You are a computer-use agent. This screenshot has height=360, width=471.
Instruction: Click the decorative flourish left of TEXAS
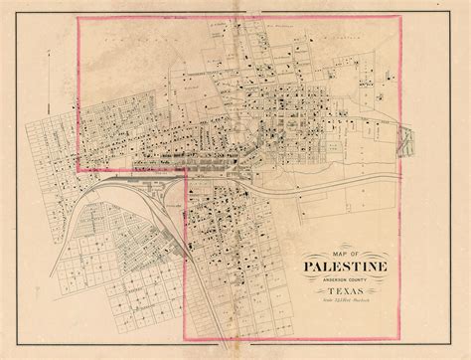[316, 295]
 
